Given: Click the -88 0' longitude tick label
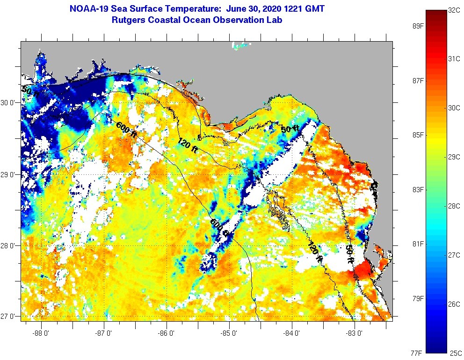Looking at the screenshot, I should [x=41, y=333].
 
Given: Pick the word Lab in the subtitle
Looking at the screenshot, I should [x=275, y=20].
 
